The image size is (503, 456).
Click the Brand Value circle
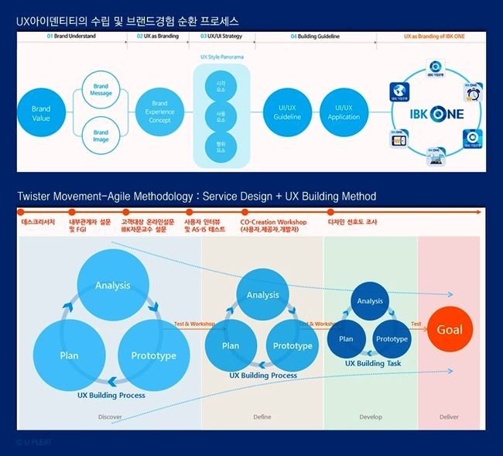(x=41, y=114)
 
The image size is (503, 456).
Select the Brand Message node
(x=101, y=90)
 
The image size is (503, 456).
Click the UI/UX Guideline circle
(x=287, y=112)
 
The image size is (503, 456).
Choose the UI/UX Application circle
(x=344, y=112)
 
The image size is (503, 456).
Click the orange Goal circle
(x=450, y=330)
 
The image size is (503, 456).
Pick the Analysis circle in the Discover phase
(x=112, y=286)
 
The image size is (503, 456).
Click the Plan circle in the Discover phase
(x=69, y=355)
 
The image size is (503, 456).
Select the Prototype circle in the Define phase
(x=293, y=345)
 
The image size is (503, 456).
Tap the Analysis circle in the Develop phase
(x=370, y=301)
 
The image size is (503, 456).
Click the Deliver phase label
(x=449, y=417)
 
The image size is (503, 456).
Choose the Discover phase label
(x=110, y=417)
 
